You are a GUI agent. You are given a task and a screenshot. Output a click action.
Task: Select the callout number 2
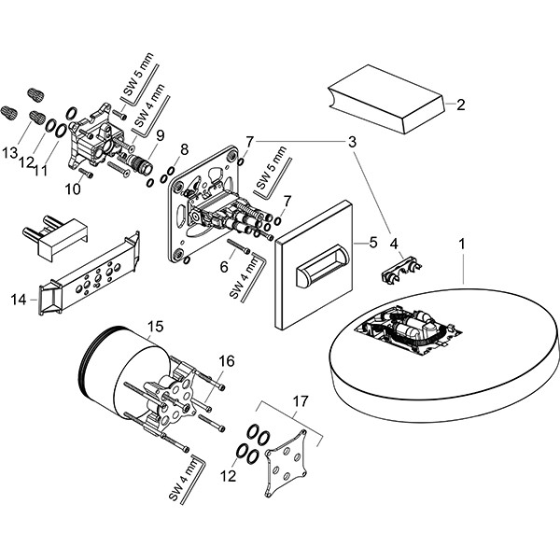[x=460, y=105]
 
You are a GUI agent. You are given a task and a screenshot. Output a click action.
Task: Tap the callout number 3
[x=353, y=142]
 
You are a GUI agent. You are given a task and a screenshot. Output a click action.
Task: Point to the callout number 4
[x=395, y=245]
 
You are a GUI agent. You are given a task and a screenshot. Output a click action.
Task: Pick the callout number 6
[x=224, y=267]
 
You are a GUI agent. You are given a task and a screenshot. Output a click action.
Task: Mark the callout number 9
[x=160, y=134]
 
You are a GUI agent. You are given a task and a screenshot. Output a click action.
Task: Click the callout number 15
[x=156, y=326]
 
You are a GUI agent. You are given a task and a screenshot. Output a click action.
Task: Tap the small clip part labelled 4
[x=399, y=273]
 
